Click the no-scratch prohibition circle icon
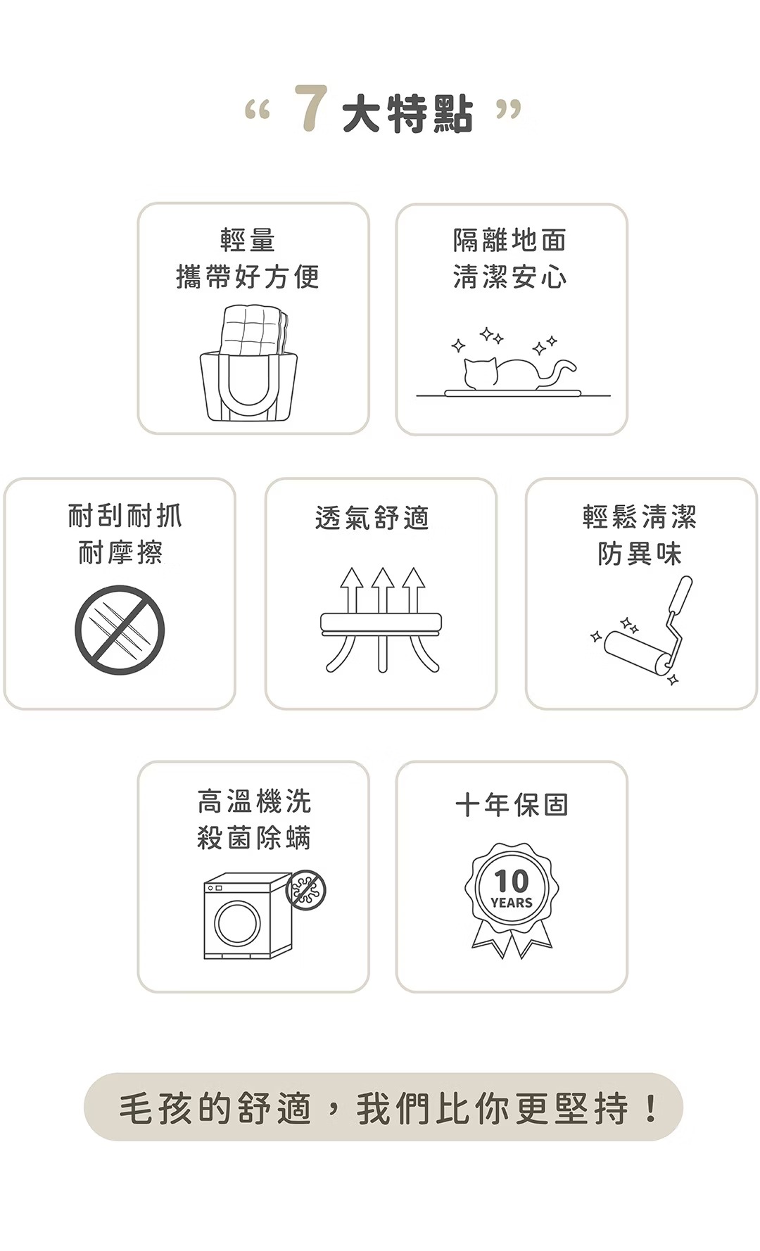coord(120,630)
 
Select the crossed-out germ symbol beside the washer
coord(306,889)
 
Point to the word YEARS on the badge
coord(512,903)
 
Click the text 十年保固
coord(512,804)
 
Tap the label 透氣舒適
coord(372,518)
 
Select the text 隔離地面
coord(510,240)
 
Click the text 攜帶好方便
coord(248,277)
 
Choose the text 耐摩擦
coord(120,553)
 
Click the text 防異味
coord(640,554)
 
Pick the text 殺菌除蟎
coord(254,838)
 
